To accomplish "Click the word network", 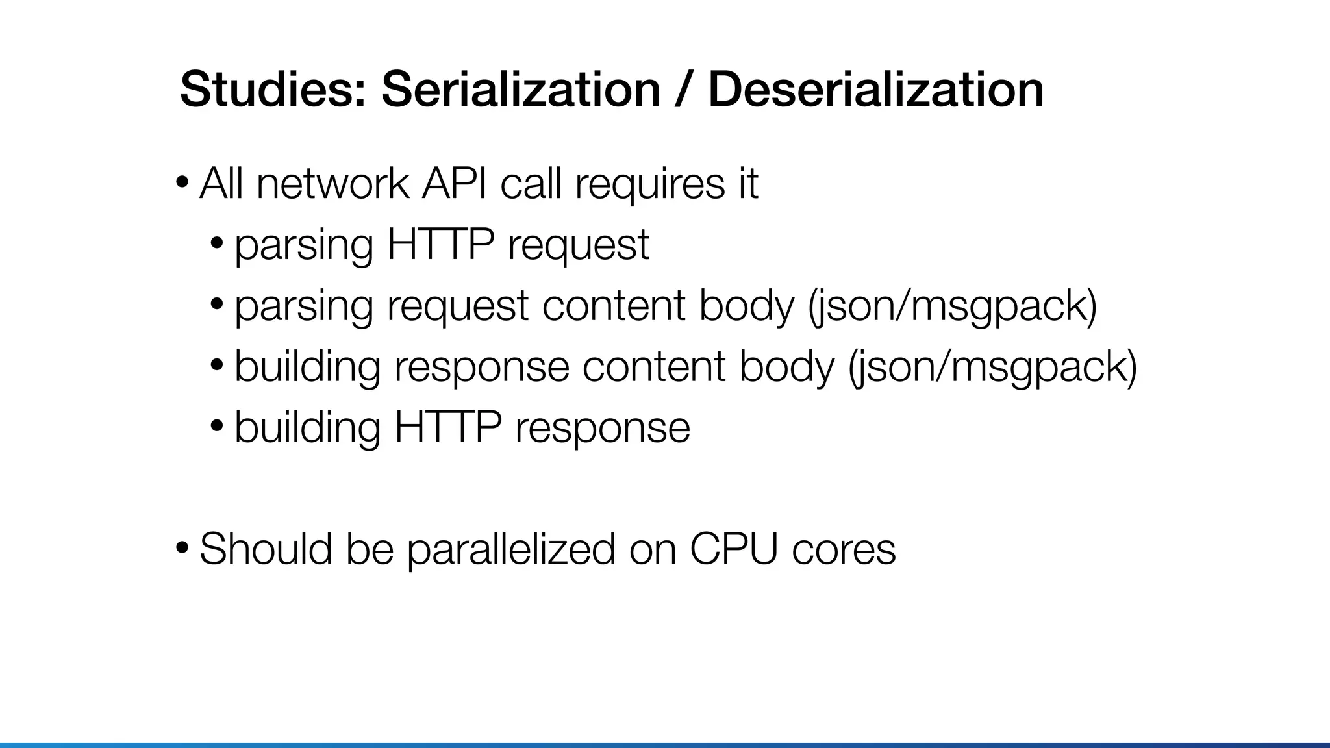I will [x=332, y=184].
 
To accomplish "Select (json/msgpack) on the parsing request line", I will [x=953, y=306].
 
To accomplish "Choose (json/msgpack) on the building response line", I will [x=992, y=367].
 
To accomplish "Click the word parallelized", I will [x=510, y=549].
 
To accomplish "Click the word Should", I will [x=265, y=549].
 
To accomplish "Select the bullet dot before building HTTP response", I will [x=217, y=426].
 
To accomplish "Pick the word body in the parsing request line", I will [x=747, y=306].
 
